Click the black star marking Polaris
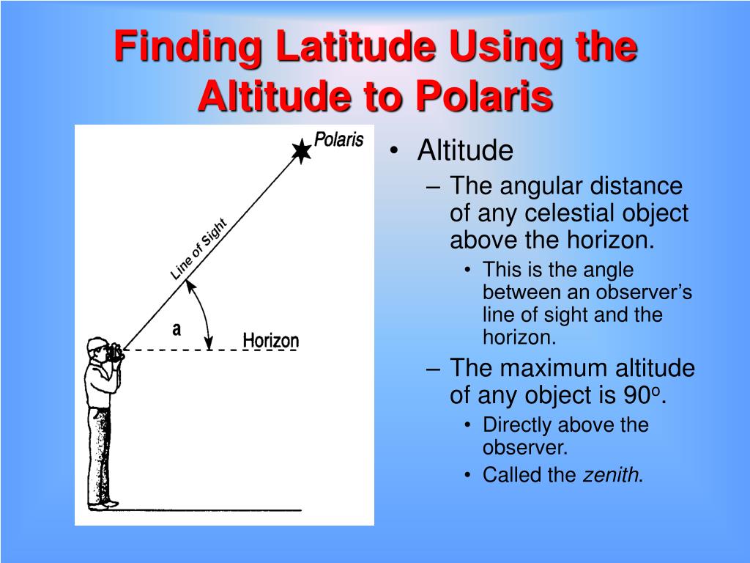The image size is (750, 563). click(301, 151)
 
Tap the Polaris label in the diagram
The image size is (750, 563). click(338, 139)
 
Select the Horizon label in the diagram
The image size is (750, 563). click(271, 340)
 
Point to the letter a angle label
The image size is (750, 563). click(177, 330)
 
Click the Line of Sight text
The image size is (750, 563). click(198, 249)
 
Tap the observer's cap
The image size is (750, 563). click(96, 343)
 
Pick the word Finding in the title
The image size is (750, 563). click(187, 48)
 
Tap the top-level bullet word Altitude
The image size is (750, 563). click(465, 151)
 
